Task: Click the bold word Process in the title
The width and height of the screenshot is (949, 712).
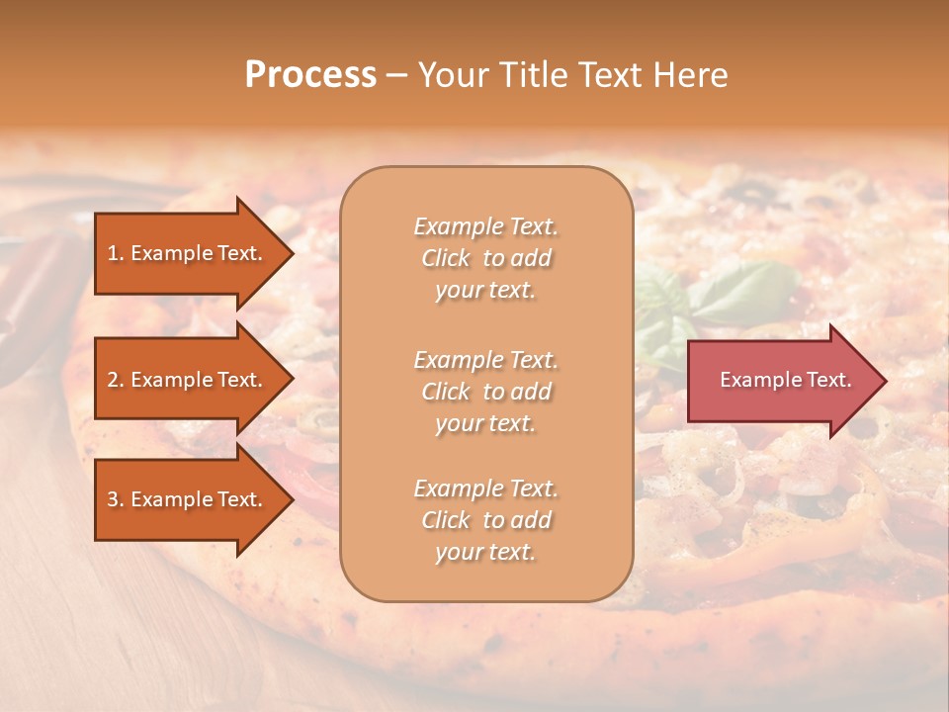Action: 310,75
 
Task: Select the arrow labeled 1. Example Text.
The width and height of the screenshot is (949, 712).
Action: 188,253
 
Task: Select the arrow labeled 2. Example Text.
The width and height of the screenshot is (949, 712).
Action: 188,380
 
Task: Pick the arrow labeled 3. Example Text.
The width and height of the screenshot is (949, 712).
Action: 188,499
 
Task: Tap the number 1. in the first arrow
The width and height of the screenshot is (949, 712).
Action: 115,253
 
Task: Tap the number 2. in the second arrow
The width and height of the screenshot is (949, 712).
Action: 115,380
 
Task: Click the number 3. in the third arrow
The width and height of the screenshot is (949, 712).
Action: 115,499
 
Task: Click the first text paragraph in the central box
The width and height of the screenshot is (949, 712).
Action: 485,258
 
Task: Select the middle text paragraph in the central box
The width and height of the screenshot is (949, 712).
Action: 485,392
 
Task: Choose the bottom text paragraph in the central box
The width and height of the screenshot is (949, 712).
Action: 485,520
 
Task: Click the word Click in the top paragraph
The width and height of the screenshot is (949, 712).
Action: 446,258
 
